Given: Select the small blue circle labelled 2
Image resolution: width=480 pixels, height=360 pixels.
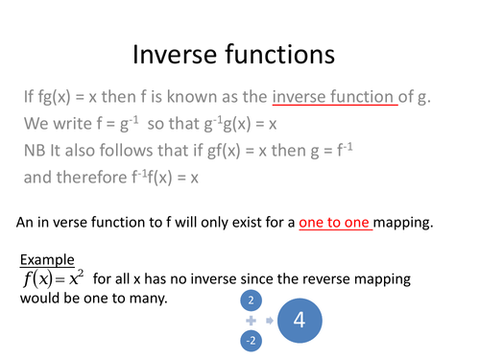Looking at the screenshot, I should [x=250, y=300].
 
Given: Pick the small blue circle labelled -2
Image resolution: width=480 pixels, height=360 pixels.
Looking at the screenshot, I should [x=250, y=341].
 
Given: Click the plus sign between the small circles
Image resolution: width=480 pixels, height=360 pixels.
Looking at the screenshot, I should [x=250, y=320].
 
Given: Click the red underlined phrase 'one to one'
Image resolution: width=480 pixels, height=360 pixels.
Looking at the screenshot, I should [x=334, y=222].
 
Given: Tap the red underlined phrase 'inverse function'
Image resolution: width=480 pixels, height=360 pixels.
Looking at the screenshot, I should [x=334, y=96].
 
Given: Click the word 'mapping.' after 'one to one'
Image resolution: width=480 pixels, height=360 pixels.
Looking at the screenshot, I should [x=403, y=222].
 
